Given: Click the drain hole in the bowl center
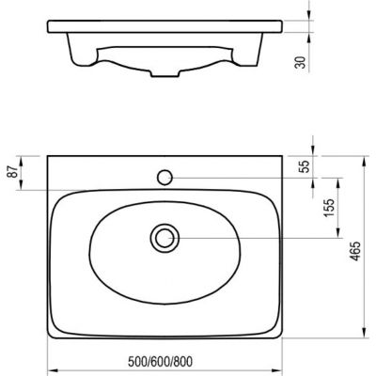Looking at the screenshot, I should [164, 238].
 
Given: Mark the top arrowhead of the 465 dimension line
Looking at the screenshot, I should [361, 151].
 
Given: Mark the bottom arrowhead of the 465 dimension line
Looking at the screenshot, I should [361, 337].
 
